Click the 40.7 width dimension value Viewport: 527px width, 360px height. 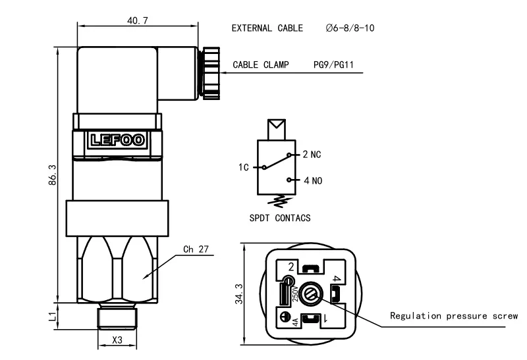137,20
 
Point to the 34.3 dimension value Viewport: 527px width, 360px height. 239,294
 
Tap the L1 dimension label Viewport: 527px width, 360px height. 53,317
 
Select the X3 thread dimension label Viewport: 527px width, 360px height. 117,340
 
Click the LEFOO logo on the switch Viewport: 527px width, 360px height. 116,140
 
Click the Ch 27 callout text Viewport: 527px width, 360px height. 196,249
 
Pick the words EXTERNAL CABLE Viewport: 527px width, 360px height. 267,28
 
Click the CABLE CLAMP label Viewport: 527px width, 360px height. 260,65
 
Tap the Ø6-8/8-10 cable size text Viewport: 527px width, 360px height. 350,28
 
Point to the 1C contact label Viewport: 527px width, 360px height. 244,168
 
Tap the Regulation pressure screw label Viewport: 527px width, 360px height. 454,316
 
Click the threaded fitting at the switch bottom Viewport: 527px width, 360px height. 117,317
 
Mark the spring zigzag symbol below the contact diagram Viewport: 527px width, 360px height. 280,200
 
